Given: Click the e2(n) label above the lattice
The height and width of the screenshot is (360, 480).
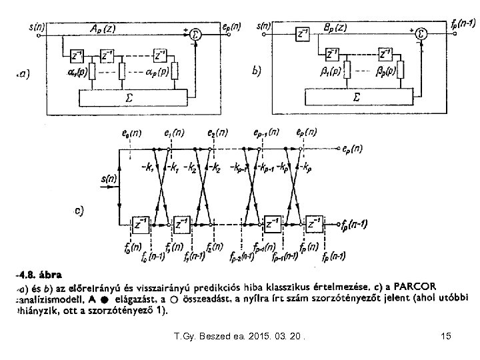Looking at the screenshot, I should pyautogui.click(x=215, y=134).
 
